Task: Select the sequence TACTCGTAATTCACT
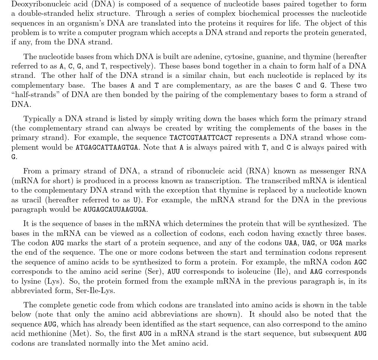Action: [x=201, y=138]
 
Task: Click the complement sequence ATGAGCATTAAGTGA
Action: [x=107, y=147]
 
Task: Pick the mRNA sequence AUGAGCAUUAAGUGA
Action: [x=115, y=210]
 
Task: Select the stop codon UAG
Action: [x=308, y=243]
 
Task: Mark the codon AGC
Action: [x=360, y=262]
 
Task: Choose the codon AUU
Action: [x=174, y=272]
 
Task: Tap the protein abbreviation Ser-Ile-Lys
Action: [x=95, y=290]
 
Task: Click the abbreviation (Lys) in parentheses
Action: [x=53, y=281]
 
